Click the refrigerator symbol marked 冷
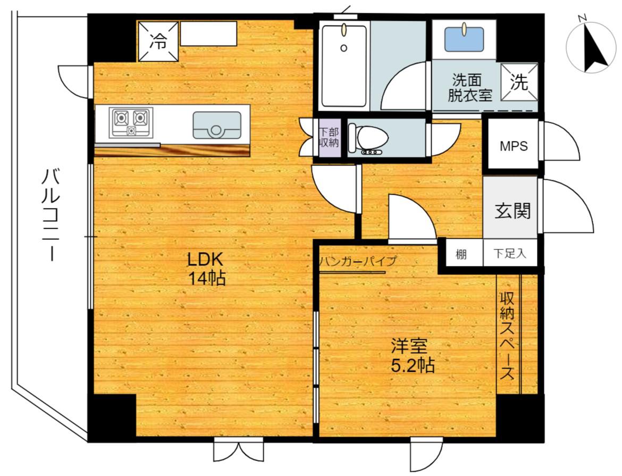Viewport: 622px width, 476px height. (158, 41)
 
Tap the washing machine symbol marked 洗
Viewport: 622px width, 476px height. (519, 82)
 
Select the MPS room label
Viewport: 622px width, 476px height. (514, 146)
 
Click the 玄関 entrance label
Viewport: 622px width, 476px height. (512, 211)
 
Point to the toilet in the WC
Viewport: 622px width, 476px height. (367, 138)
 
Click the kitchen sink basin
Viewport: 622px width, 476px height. (217, 125)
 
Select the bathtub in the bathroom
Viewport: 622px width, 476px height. (343, 66)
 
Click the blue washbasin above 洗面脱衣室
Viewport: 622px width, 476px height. (464, 39)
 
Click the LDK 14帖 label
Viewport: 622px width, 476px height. (206, 269)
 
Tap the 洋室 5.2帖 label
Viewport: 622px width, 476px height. (413, 355)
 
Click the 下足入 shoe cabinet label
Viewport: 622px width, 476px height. (510, 253)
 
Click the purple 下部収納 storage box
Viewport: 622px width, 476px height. (330, 137)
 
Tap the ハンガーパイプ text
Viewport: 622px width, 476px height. (358, 261)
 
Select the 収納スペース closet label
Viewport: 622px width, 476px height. (507, 336)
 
